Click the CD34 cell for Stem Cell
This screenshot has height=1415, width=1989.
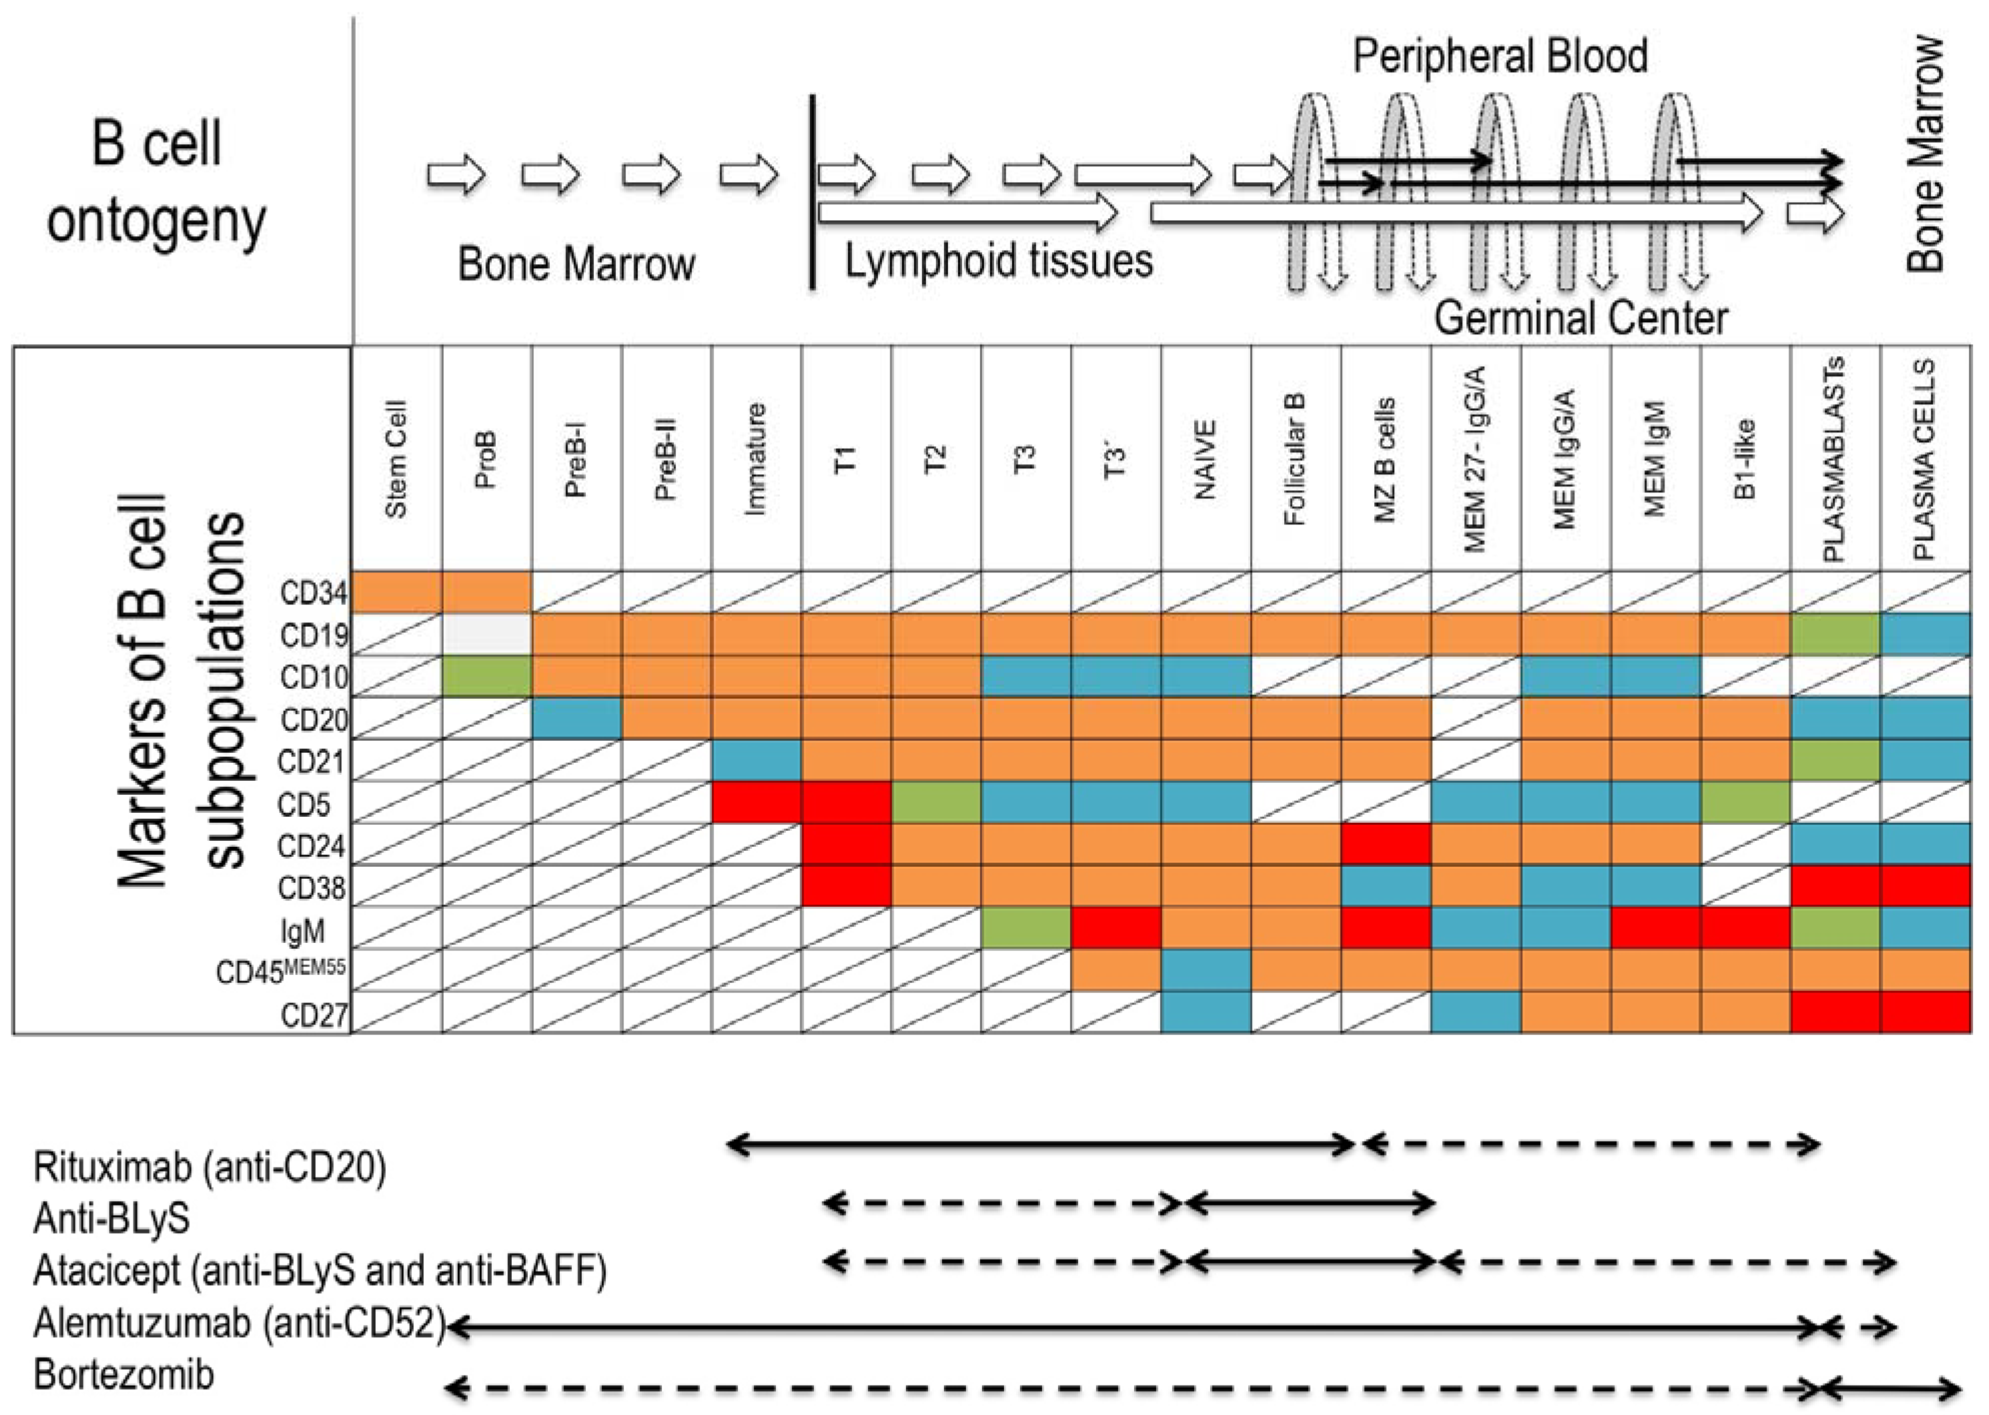[397, 592]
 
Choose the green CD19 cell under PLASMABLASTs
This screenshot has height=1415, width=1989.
[1835, 634]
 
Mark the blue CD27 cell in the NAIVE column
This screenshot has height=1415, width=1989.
[1205, 1013]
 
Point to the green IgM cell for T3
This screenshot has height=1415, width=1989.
[1026, 928]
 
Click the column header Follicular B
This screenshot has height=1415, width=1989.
[1295, 459]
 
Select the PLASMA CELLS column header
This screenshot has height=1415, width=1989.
[1924, 459]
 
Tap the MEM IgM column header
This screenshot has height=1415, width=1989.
[1655, 459]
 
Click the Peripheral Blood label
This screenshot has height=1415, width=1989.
[1499, 56]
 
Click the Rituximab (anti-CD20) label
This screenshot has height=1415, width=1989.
[209, 1167]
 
